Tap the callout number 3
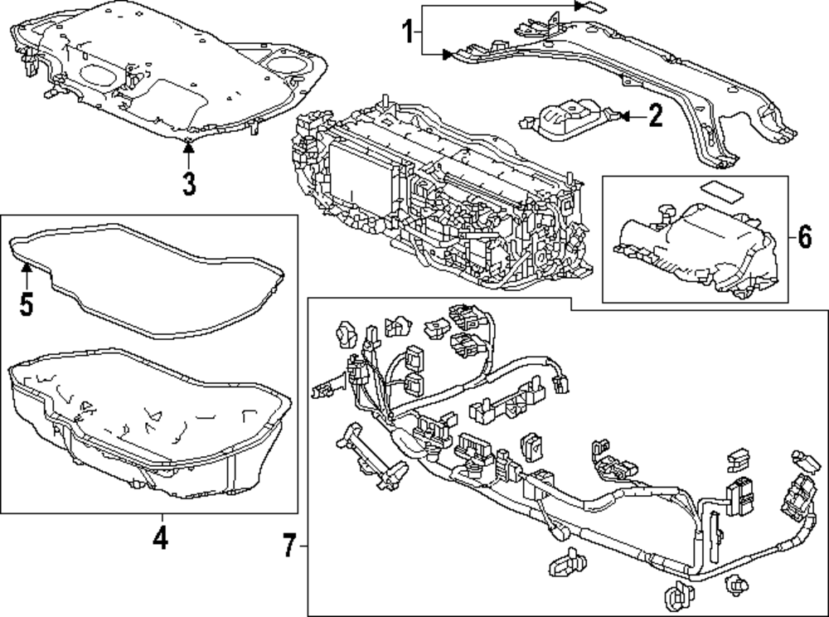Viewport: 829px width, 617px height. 189,182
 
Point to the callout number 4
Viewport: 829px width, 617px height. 160,538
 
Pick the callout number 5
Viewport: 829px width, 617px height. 26,303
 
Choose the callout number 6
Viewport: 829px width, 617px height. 805,238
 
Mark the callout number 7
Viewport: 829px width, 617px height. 288,547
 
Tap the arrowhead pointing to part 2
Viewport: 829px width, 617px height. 623,117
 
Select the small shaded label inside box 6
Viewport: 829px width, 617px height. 720,192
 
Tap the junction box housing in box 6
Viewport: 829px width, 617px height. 696,249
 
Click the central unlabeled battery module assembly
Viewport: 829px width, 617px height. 439,199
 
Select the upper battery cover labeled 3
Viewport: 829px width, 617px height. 166,75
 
